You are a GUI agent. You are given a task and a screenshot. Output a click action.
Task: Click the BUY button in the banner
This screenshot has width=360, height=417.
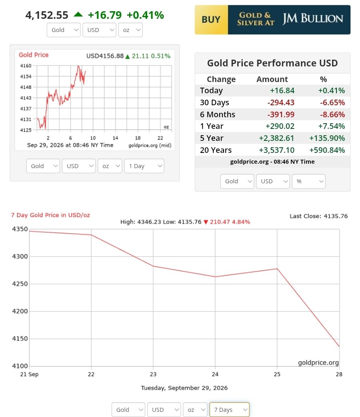pyautogui.click(x=211, y=20)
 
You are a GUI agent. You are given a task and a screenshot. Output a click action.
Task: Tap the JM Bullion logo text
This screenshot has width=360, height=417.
pyautogui.click(x=313, y=19)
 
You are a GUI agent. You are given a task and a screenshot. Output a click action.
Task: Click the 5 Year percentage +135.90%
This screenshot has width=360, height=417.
pyautogui.click(x=327, y=138)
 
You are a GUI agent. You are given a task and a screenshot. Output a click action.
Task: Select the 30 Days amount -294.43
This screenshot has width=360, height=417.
pyautogui.click(x=281, y=102)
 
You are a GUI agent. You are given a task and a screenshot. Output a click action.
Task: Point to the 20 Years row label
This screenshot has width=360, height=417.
pyautogui.click(x=216, y=150)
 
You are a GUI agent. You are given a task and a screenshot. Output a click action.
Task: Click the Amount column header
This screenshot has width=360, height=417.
pyautogui.click(x=272, y=79)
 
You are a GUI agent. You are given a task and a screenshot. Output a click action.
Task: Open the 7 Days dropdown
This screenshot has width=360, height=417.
pyautogui.click(x=230, y=409)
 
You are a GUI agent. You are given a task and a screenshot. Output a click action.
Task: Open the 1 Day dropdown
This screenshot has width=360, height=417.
pyautogui.click(x=144, y=166)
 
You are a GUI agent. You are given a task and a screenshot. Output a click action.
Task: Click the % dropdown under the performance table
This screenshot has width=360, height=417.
pyautogui.click(x=309, y=181)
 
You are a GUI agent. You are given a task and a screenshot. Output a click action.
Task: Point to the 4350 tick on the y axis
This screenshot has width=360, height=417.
pyautogui.click(x=20, y=229)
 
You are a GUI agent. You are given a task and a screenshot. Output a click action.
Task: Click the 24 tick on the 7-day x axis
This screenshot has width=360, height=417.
pyautogui.click(x=215, y=374)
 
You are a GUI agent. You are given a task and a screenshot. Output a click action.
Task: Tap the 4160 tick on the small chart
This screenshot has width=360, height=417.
pyautogui.click(x=26, y=66)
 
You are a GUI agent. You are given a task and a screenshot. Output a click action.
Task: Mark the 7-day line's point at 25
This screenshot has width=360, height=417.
pyautogui.click(x=277, y=269)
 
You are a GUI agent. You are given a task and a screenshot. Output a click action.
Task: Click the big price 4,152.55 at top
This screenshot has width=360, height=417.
pyautogui.click(x=47, y=15)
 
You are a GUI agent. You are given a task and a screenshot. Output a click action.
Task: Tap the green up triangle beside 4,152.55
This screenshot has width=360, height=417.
pyautogui.click(x=78, y=14)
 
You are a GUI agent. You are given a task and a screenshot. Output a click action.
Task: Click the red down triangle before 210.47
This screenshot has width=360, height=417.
pyautogui.click(x=206, y=222)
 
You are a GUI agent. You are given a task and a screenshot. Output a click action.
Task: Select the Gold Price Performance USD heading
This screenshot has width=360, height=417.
pyautogui.click(x=272, y=63)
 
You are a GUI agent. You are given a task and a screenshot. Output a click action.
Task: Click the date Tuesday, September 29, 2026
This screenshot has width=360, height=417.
pyautogui.click(x=184, y=388)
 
